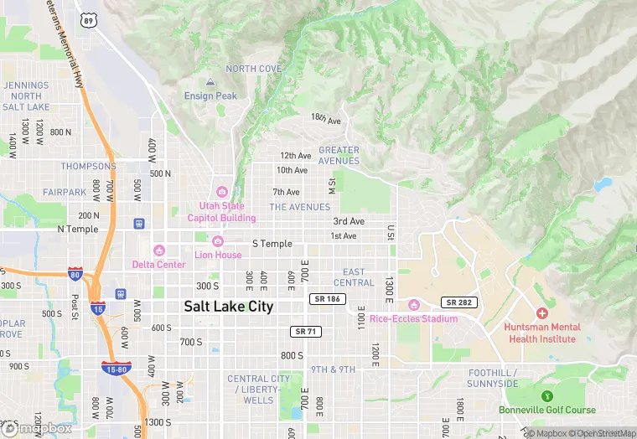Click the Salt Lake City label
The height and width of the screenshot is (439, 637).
(229, 307)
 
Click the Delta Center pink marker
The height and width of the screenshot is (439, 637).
(159, 250)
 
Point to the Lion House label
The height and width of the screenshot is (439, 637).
(218, 255)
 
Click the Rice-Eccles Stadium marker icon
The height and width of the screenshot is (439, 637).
(413, 305)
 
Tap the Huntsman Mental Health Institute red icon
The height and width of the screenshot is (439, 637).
(541, 312)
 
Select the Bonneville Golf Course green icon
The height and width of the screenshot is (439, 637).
(547, 395)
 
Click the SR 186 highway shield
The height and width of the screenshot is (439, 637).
(326, 298)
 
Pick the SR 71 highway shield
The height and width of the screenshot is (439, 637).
(307, 332)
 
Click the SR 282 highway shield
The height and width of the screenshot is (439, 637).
(459, 302)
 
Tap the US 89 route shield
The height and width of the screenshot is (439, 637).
(89, 19)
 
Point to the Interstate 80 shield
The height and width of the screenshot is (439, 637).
(75, 274)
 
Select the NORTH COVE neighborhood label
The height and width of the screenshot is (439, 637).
(253, 69)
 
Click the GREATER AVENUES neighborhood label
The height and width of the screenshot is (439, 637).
(339, 156)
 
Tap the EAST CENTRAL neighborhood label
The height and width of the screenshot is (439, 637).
(354, 277)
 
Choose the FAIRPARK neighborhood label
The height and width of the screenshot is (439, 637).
(65, 192)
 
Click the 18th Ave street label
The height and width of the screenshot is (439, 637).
(326, 120)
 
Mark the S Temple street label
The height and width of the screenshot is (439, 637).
(272, 244)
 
